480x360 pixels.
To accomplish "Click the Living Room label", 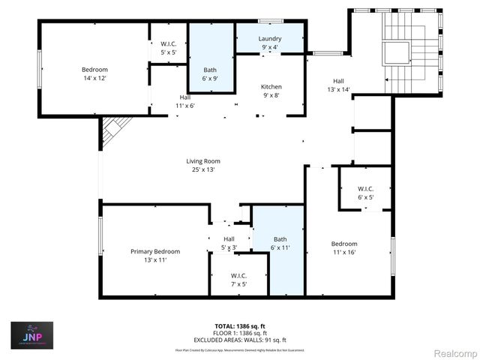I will [x=203, y=160].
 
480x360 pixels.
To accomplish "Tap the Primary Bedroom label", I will [x=155, y=251].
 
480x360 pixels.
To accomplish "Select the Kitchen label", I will [x=271, y=86].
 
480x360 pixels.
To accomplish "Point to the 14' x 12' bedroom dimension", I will [x=94, y=79].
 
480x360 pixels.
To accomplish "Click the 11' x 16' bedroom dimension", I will [x=345, y=253].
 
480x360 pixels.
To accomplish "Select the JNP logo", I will [x=31, y=336].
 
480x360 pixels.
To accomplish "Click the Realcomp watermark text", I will [x=455, y=352].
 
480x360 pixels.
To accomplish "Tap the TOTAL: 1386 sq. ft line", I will [x=239, y=326].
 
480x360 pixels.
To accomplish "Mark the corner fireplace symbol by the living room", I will [x=109, y=130].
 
